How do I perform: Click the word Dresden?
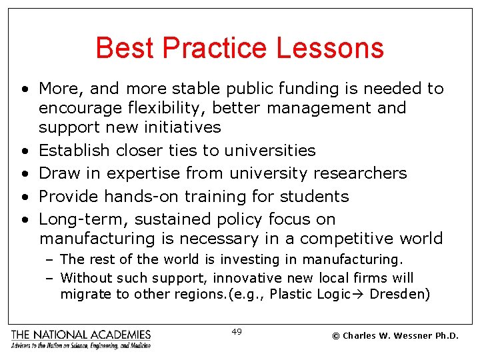399,295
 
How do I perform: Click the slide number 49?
237,331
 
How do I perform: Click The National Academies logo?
81,338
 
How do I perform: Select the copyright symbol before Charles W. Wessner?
337,336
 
